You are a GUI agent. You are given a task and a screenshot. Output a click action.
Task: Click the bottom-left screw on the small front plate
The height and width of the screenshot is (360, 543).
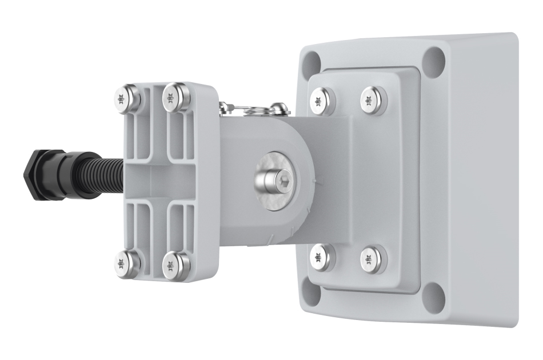point(127,263)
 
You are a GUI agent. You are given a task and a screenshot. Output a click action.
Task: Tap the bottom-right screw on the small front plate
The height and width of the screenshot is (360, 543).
point(176,265)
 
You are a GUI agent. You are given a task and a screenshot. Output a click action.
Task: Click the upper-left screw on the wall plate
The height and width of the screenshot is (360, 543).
point(322,102)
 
